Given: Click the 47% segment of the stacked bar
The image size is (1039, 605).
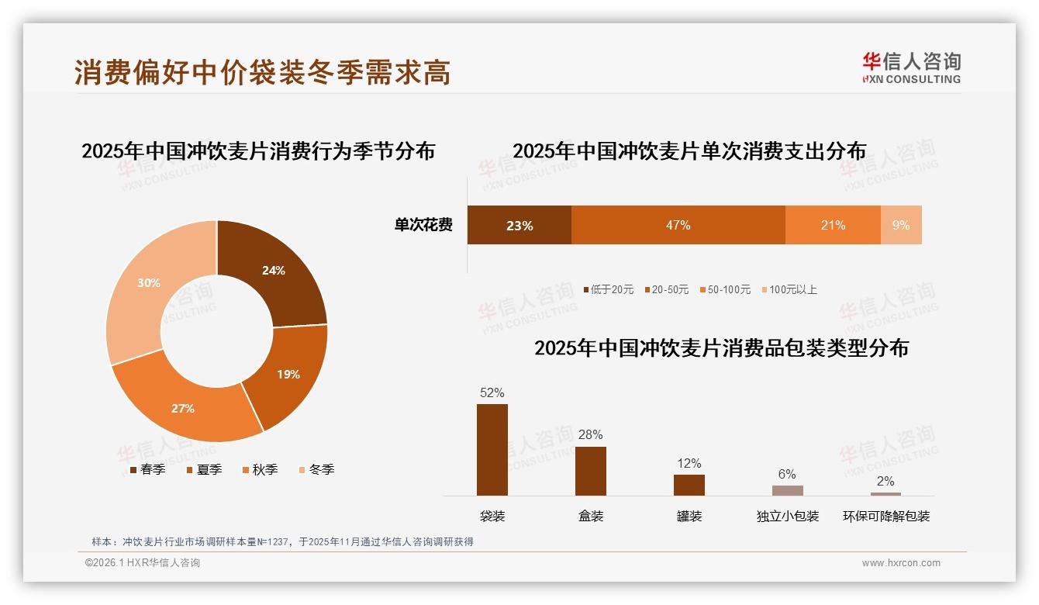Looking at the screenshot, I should click(678, 225).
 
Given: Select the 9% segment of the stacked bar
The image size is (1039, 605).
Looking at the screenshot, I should click(901, 225).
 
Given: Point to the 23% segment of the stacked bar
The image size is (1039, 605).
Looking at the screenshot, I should click(519, 225).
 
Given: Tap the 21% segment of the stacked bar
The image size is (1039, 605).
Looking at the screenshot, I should click(833, 225).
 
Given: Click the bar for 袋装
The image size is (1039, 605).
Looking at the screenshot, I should click(492, 450).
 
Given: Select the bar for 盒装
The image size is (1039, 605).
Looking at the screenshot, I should click(590, 471).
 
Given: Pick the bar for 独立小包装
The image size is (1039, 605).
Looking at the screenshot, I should click(787, 490).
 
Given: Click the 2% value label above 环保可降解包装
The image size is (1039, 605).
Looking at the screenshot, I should click(885, 481).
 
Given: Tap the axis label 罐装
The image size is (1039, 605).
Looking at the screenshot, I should click(689, 516).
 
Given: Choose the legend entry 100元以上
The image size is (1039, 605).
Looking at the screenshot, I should click(792, 289).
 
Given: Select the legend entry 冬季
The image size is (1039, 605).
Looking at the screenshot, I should click(321, 469).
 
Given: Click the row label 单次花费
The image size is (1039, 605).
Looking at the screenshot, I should click(423, 225).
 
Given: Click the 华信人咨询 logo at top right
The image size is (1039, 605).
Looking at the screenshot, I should click(911, 67).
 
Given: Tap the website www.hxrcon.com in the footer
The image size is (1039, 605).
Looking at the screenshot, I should click(901, 563).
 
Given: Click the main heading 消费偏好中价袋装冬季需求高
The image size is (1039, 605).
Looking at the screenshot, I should click(262, 72).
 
